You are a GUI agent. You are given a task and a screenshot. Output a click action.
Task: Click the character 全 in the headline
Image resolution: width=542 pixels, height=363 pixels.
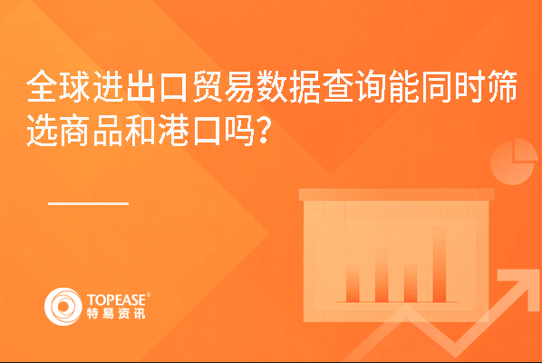43,86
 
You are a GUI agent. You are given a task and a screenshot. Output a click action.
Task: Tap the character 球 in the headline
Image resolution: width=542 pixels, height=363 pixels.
75,86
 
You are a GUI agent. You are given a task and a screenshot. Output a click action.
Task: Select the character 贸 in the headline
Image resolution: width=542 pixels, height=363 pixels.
208,86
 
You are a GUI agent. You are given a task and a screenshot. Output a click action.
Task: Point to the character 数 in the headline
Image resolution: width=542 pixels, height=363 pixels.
273,86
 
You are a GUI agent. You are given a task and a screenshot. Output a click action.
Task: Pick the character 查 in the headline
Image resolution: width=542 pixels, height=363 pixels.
339,86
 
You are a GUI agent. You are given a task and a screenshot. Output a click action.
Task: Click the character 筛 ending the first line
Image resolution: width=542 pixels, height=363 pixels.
503,86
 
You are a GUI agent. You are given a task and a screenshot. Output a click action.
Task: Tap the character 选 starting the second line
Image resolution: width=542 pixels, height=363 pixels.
43,131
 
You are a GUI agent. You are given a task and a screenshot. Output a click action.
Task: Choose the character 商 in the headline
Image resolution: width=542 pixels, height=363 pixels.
75,131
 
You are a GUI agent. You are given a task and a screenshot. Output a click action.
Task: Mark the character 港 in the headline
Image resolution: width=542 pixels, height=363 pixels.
174,131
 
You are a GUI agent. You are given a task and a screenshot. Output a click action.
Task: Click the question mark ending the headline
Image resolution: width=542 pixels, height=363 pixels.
263,131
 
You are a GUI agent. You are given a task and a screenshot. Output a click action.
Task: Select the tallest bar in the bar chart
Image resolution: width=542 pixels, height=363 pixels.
440,264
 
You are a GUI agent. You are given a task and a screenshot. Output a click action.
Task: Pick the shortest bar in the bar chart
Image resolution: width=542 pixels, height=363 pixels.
411,283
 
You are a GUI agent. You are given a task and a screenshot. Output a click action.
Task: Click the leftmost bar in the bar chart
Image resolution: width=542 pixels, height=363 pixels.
353,283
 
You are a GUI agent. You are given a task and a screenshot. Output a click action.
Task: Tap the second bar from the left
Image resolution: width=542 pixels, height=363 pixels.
382,276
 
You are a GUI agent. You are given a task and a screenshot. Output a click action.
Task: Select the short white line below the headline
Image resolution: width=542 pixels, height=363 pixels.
89,203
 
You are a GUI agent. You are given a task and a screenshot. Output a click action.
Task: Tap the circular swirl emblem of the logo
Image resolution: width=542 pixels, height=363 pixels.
63,307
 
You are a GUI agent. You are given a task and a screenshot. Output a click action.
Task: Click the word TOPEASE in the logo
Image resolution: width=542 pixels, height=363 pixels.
117,299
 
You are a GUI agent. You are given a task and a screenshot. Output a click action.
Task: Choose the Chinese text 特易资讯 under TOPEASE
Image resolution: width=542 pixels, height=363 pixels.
116,313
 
